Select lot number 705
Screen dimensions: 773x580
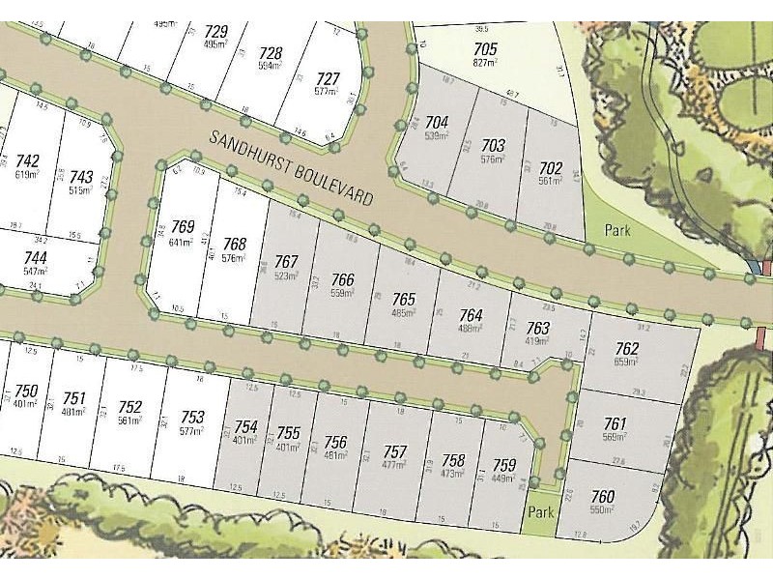click(485, 48)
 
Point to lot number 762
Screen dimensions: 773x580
click(627, 349)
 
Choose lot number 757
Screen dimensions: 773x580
click(394, 452)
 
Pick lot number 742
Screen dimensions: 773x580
click(28, 160)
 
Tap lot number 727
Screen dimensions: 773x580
click(329, 78)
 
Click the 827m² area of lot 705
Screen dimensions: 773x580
click(485, 62)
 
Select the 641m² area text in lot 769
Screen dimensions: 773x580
click(182, 243)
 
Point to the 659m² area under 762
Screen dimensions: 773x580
click(627, 362)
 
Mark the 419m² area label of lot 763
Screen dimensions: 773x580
click(537, 342)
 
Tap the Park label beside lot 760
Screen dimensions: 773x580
click(540, 512)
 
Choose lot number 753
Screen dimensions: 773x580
click(193, 417)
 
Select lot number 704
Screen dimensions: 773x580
click(437, 122)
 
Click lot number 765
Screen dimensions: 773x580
click(404, 299)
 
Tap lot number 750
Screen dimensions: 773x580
click(26, 391)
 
